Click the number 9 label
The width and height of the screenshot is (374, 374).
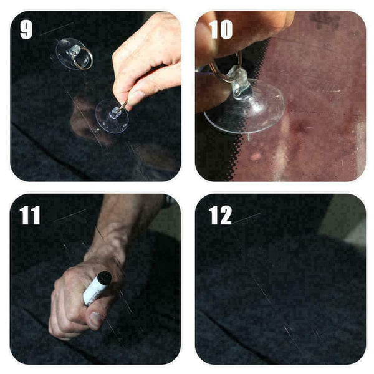26,29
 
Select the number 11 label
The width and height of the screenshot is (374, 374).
30,215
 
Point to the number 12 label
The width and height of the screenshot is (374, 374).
220,215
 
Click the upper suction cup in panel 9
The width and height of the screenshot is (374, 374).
74,54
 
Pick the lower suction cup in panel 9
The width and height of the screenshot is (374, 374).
112,116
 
